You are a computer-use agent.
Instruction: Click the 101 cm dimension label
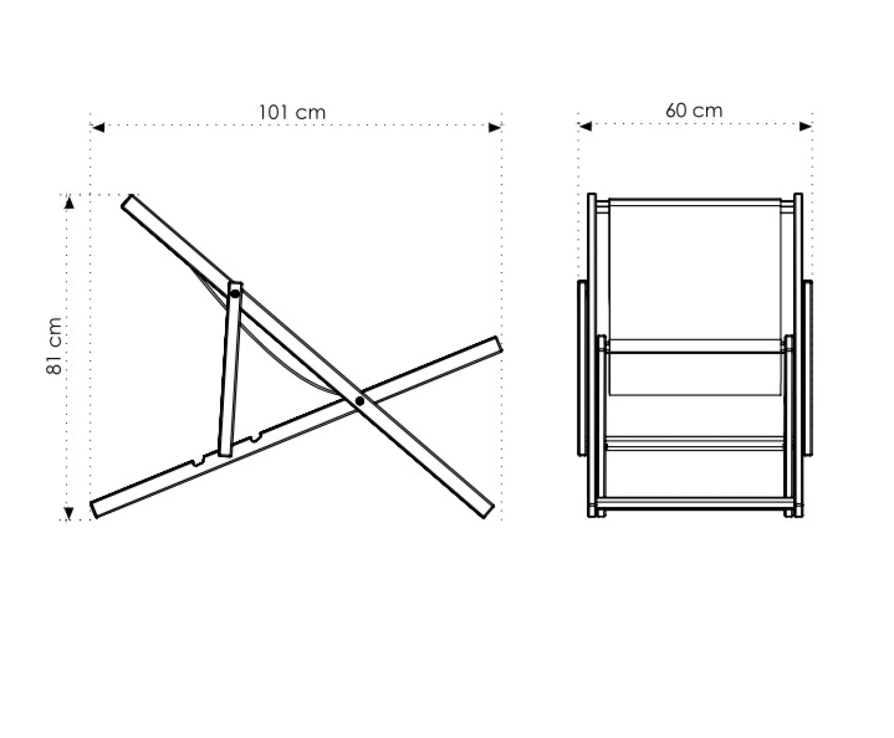coord(292,112)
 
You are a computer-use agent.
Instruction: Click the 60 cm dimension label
coord(694,110)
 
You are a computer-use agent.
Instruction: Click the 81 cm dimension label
coord(55,346)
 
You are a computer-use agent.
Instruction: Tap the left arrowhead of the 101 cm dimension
coord(98,128)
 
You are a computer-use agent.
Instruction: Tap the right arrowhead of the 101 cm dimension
coord(495,128)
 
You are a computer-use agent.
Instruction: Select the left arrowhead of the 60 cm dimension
coord(585,126)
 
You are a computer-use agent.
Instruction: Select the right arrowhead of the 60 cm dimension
coord(806,126)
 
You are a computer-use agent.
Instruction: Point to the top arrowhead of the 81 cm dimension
coord(69,203)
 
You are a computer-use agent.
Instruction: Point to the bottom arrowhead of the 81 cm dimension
coord(69,513)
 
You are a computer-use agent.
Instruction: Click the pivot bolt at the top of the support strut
coord(235,294)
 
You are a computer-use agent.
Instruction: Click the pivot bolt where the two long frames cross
coord(359,401)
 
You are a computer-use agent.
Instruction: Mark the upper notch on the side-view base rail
coord(256,438)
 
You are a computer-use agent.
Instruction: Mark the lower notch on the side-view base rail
coord(197,461)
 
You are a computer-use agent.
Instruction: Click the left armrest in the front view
coord(582,368)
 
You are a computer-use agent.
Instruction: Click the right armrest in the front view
coord(808,368)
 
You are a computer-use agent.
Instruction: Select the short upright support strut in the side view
coord(230,369)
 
